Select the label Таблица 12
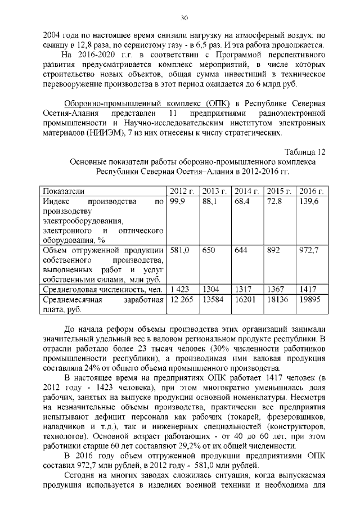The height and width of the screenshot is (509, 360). point(304,152)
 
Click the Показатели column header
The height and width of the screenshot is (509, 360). point(65,190)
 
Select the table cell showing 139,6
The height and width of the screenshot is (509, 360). point(309,201)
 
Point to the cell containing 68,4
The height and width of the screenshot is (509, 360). point(242,201)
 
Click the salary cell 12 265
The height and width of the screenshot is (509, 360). point(182,300)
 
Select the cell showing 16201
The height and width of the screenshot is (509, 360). point(246,300)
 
